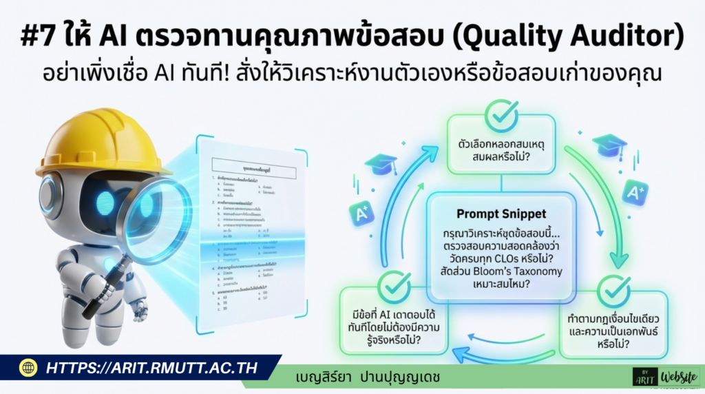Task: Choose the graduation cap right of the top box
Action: coord(609,145)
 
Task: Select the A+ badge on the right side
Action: coord(635,191)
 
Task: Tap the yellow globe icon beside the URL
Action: coord(28,368)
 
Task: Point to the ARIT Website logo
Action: coord(665,375)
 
